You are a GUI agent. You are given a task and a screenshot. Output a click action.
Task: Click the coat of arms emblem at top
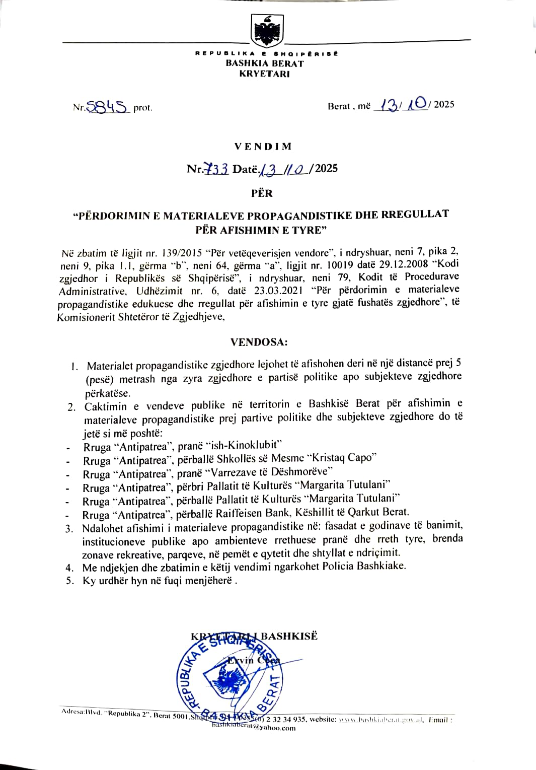click(267, 31)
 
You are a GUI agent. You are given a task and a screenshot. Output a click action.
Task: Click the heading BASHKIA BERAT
click(265, 63)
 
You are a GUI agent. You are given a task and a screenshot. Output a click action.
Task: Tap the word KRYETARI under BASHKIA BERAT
click(265, 74)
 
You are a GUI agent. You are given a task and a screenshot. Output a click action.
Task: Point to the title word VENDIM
click(263, 147)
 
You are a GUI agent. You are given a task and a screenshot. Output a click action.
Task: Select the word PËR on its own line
click(262, 193)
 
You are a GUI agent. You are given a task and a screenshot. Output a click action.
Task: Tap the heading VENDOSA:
click(259, 342)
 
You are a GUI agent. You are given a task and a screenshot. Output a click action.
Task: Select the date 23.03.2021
click(278, 290)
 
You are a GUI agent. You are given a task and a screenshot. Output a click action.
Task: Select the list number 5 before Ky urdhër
click(70, 581)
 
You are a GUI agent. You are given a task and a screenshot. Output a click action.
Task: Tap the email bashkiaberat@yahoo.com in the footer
click(254, 727)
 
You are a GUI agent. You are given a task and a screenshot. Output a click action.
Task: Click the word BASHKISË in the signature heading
click(289, 636)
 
